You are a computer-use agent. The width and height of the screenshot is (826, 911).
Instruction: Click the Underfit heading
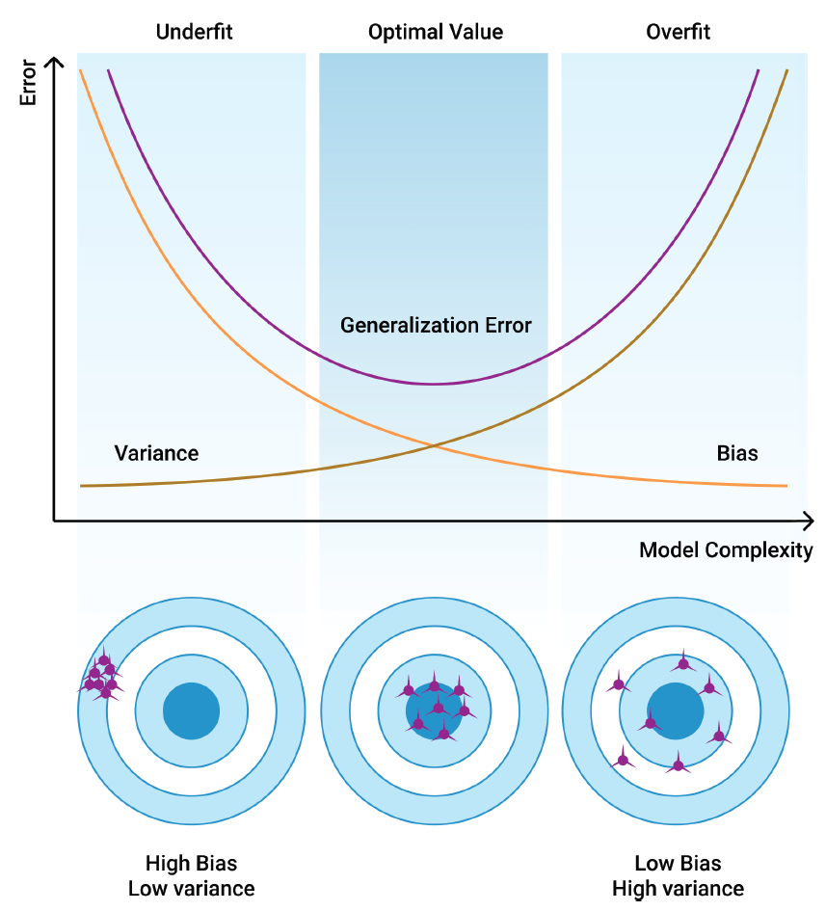click(x=194, y=32)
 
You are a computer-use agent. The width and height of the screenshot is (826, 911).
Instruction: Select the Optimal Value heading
click(x=436, y=32)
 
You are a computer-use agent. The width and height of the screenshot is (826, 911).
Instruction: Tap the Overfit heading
click(x=678, y=32)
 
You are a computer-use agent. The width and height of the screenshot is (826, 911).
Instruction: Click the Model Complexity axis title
click(x=726, y=550)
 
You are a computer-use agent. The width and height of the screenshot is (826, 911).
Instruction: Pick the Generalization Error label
click(x=436, y=325)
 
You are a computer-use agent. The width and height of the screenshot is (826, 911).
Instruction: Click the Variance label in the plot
click(x=156, y=453)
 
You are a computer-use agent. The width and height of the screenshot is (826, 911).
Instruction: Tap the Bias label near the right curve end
click(x=737, y=453)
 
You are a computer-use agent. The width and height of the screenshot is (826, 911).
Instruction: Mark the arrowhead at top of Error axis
click(x=54, y=64)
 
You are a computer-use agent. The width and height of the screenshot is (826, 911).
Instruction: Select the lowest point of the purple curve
click(x=434, y=384)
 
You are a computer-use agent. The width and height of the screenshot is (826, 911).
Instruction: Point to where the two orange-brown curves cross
click(x=434, y=445)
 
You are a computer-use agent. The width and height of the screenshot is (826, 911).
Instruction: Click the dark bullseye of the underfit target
click(x=191, y=711)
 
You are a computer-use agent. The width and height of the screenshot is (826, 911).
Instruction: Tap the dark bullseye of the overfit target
click(x=675, y=711)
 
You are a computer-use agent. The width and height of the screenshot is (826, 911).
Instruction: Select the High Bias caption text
click(x=191, y=863)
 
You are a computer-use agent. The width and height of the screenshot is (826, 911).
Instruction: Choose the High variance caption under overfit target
click(x=678, y=888)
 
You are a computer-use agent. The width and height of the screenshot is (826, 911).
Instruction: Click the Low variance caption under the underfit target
click(x=191, y=888)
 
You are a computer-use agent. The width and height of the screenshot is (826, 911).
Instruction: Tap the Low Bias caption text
click(x=678, y=863)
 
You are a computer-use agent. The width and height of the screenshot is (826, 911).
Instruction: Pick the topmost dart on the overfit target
click(x=683, y=663)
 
